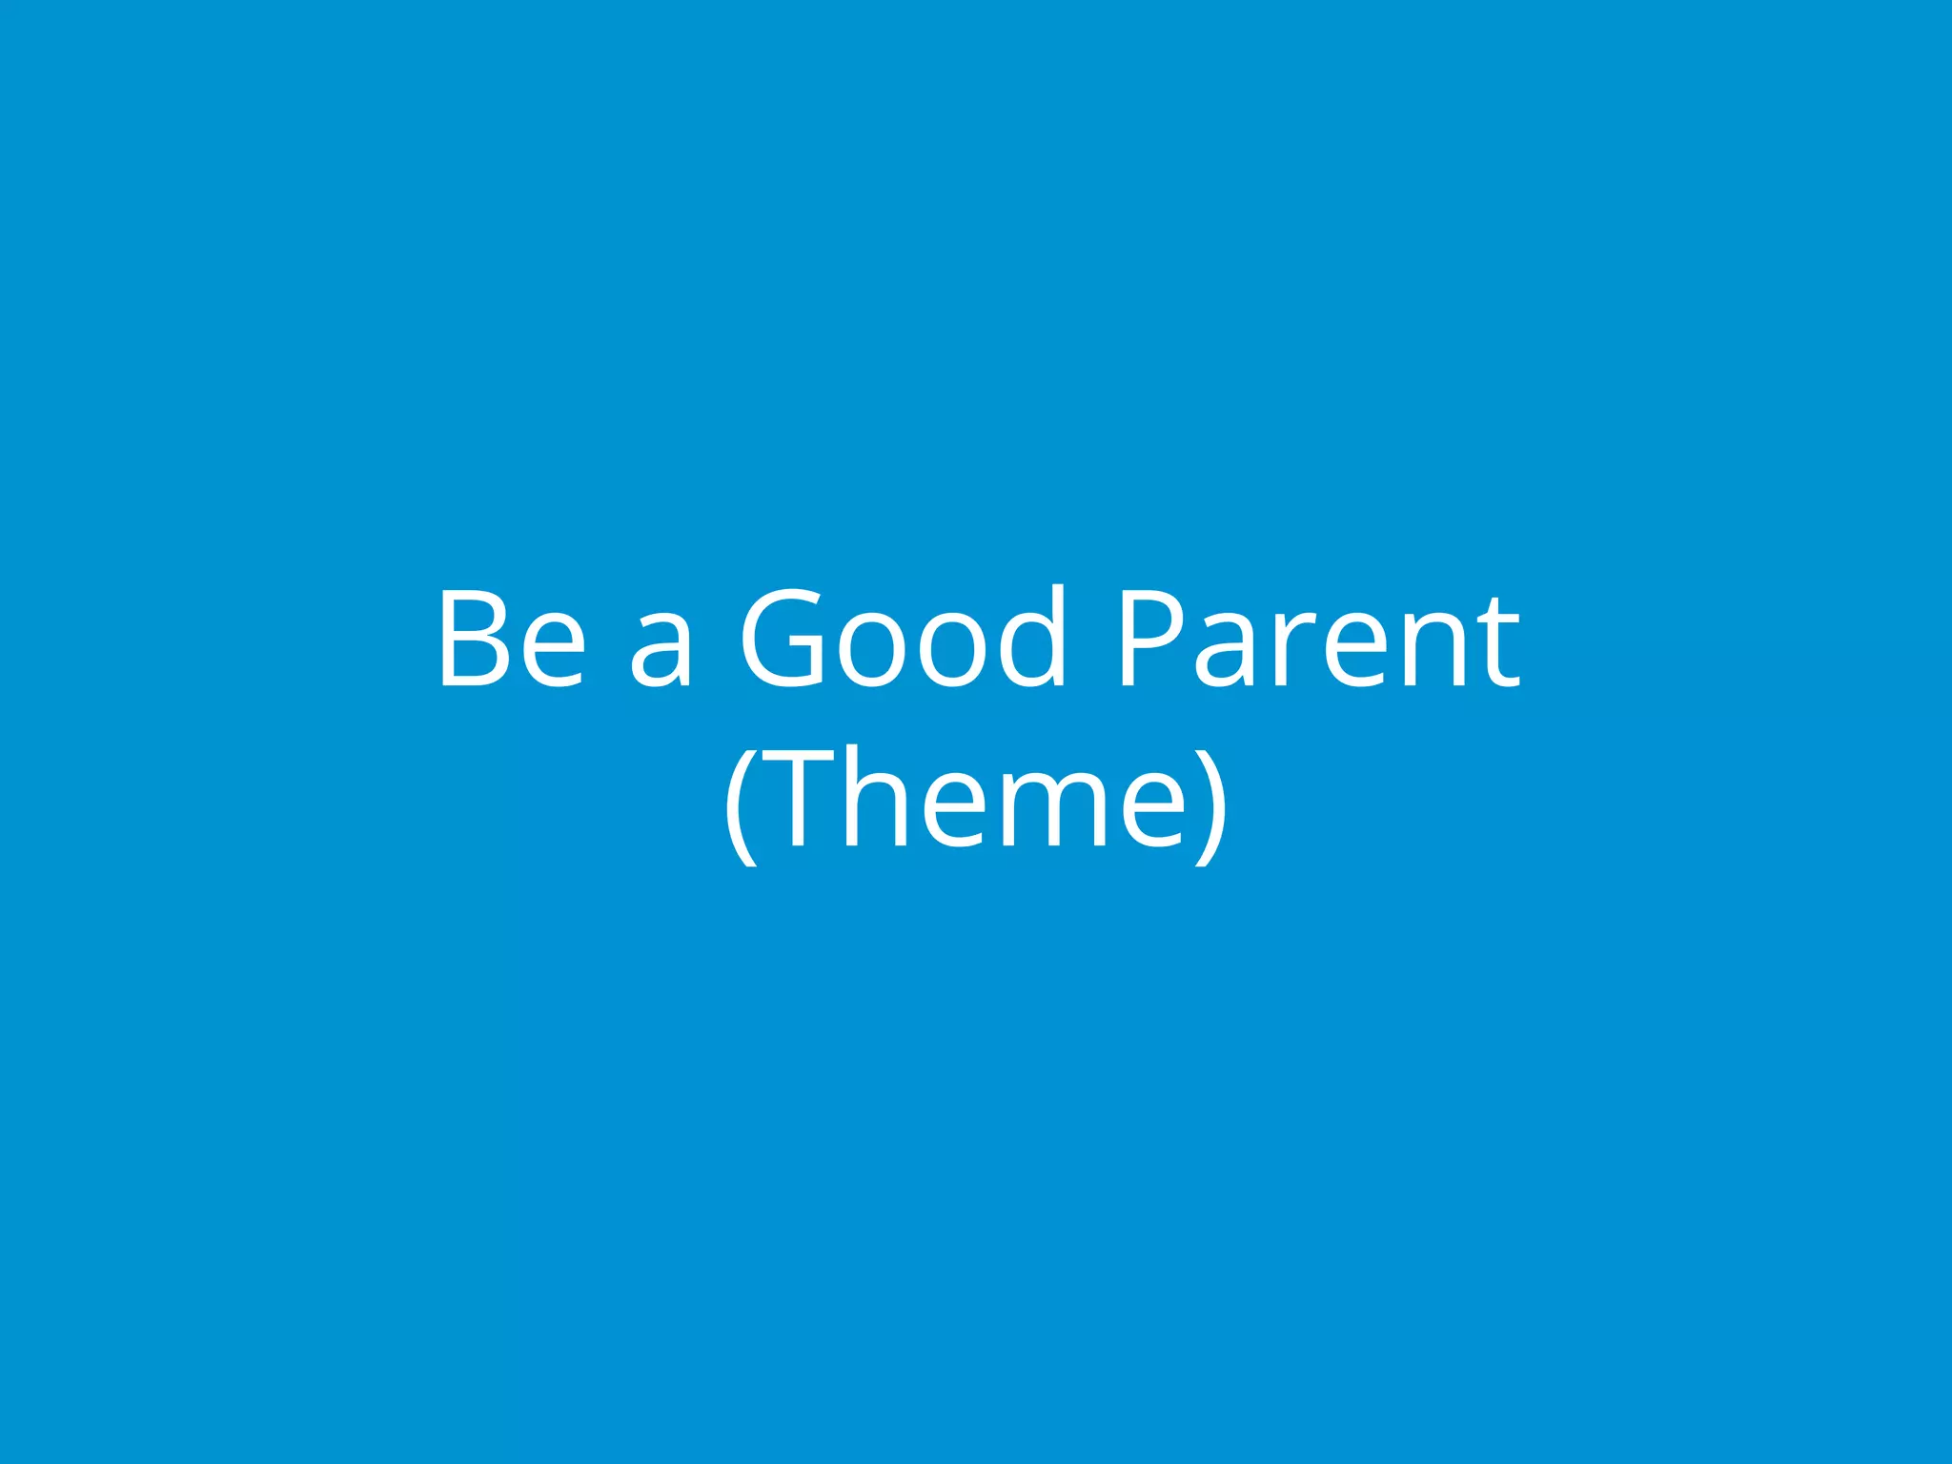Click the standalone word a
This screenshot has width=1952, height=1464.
pos(660,650)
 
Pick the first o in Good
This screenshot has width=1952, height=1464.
pos(871,650)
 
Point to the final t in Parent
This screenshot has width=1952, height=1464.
pos(1498,640)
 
